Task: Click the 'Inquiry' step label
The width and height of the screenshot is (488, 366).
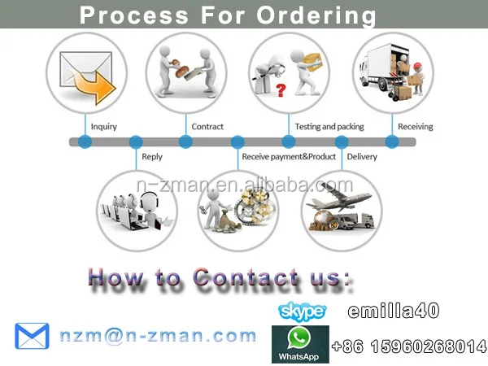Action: click(x=103, y=127)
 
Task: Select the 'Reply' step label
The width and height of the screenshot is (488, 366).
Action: click(x=152, y=156)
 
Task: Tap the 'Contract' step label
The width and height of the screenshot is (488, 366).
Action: click(x=207, y=127)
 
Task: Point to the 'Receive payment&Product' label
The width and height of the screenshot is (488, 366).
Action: click(x=289, y=156)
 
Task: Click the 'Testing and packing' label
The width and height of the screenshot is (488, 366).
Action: click(x=329, y=127)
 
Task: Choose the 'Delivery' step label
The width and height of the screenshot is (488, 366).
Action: click(x=362, y=156)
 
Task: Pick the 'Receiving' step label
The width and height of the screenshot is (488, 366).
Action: click(x=415, y=127)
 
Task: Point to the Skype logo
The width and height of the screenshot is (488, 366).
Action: click(x=302, y=311)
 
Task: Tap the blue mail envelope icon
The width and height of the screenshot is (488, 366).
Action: click(x=33, y=336)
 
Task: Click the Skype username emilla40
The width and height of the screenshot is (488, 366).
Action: click(x=394, y=310)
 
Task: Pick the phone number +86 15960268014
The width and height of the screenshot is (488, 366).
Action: click(x=408, y=347)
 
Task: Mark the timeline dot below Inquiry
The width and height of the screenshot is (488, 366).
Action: click(x=85, y=142)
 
